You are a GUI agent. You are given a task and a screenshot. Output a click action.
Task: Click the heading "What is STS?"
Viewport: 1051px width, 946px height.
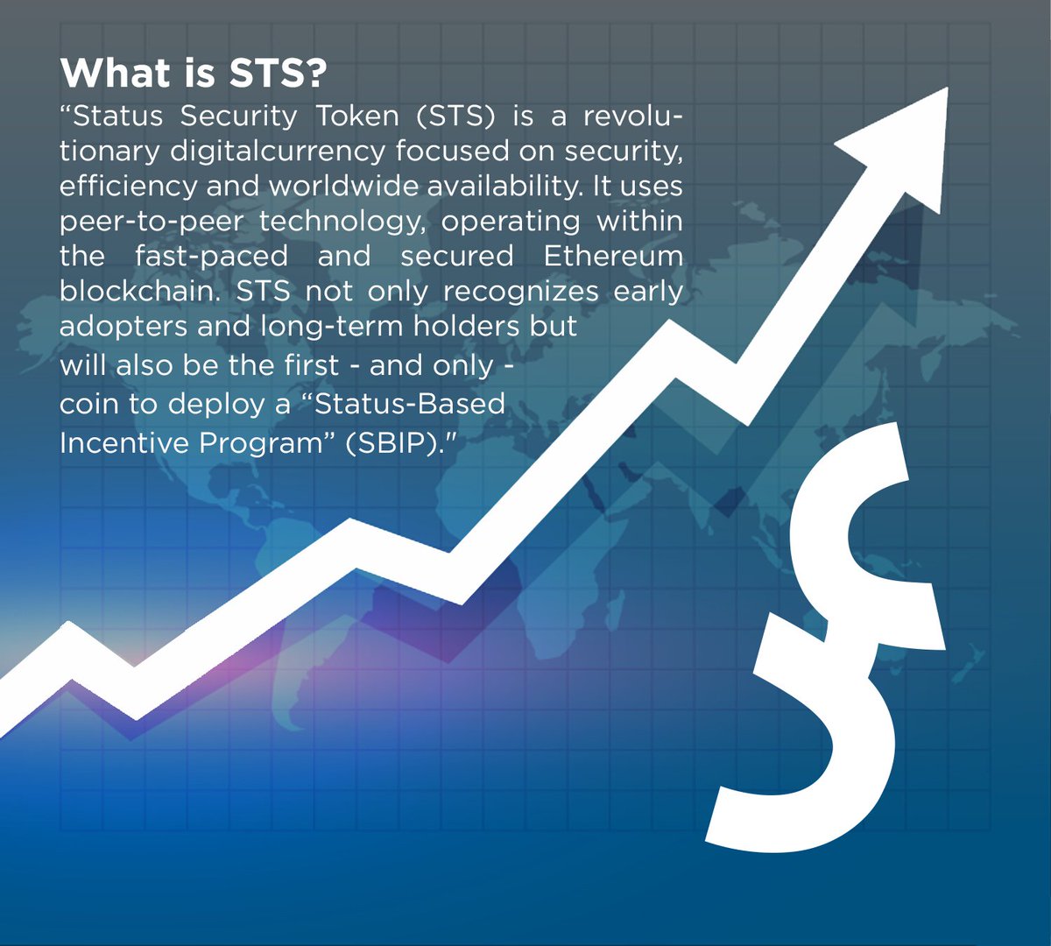tap(194, 74)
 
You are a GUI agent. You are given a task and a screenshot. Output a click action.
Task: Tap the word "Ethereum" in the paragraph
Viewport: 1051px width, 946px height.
tap(612, 257)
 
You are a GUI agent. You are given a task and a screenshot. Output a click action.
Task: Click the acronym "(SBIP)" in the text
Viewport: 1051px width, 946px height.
tap(404, 442)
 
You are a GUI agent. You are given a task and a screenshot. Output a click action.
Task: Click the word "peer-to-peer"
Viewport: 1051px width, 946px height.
tap(150, 222)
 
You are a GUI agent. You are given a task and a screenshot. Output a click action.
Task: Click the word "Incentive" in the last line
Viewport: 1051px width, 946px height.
tap(123, 442)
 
